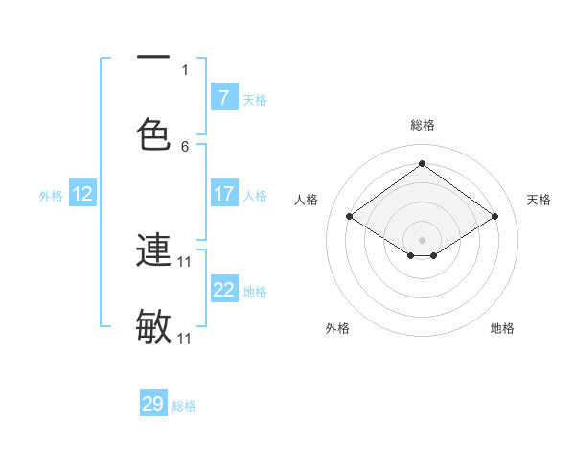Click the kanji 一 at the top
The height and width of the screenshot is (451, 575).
153,58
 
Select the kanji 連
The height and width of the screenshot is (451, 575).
153,250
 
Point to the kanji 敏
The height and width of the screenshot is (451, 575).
153,327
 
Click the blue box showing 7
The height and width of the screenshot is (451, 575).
223,97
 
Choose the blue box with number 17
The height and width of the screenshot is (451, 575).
223,194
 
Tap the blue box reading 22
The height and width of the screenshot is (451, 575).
223,290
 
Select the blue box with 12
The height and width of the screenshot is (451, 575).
82,194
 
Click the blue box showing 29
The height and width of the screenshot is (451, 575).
153,404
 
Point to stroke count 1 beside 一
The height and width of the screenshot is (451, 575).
185,69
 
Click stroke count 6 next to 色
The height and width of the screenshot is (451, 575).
185,146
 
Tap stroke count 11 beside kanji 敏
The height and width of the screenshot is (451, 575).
185,339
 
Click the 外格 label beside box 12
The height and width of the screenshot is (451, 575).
51,195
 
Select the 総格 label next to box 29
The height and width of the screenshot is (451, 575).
184,406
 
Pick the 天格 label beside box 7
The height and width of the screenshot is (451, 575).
255,99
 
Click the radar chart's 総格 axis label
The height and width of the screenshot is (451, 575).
423,125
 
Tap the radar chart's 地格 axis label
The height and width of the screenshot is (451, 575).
502,328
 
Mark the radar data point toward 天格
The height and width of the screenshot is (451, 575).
494,217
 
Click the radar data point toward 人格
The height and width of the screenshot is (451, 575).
350,217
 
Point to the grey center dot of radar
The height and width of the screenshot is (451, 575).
423,239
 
